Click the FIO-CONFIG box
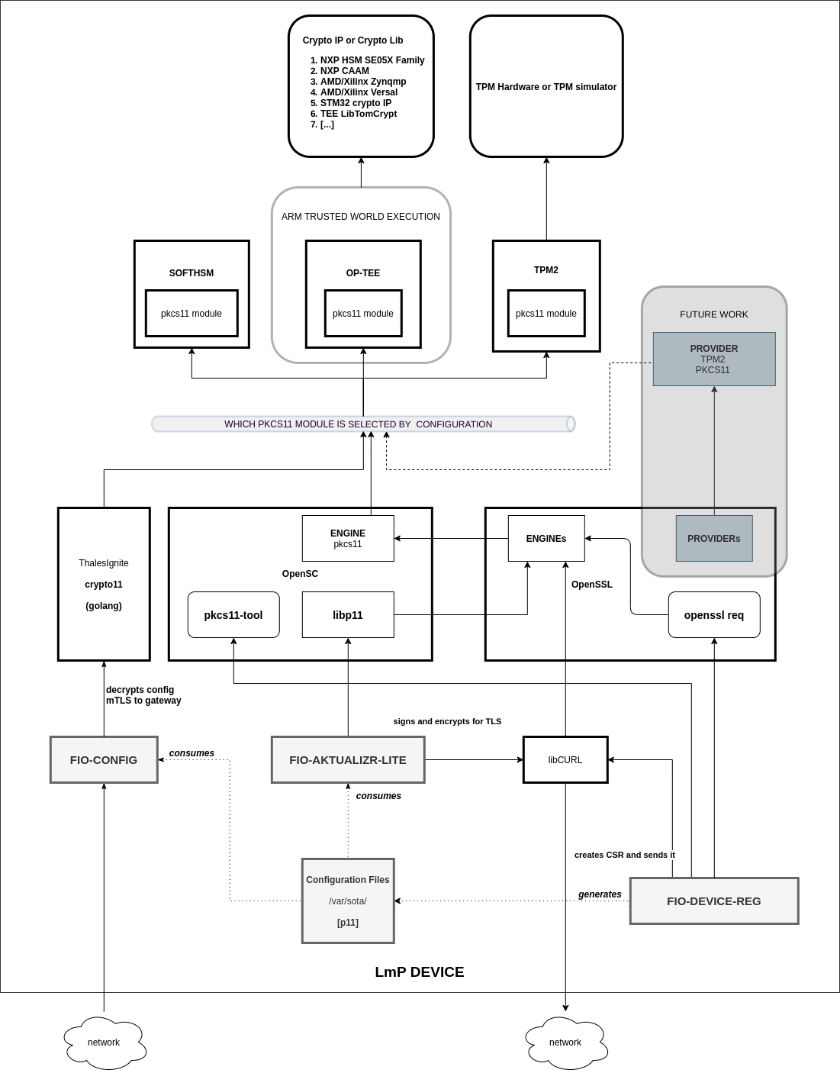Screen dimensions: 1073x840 [104, 759]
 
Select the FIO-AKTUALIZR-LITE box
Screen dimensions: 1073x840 [348, 759]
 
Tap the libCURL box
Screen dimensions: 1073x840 [565, 759]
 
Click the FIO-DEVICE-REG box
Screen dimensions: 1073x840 [714, 901]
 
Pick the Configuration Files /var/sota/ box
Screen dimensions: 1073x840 [348, 901]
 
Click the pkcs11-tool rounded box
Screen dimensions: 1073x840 [233, 614]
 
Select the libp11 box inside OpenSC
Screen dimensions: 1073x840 [348, 614]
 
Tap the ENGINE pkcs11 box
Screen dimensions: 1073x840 [348, 538]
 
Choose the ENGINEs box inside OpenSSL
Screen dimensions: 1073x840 [546, 538]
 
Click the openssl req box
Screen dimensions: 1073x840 [714, 614]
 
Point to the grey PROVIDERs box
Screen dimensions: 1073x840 [714, 538]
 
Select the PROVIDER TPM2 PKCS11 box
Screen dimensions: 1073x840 [714, 359]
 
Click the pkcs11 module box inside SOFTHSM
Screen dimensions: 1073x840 [191, 313]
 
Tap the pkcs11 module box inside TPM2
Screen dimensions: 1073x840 [546, 313]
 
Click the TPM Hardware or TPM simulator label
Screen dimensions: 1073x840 [546, 87]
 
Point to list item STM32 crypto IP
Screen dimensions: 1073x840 [356, 103]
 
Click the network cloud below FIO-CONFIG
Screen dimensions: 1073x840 [104, 1042]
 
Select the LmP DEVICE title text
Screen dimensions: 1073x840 [420, 971]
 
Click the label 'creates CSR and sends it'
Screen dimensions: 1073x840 [624, 855]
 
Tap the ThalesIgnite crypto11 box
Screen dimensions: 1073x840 [104, 584]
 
